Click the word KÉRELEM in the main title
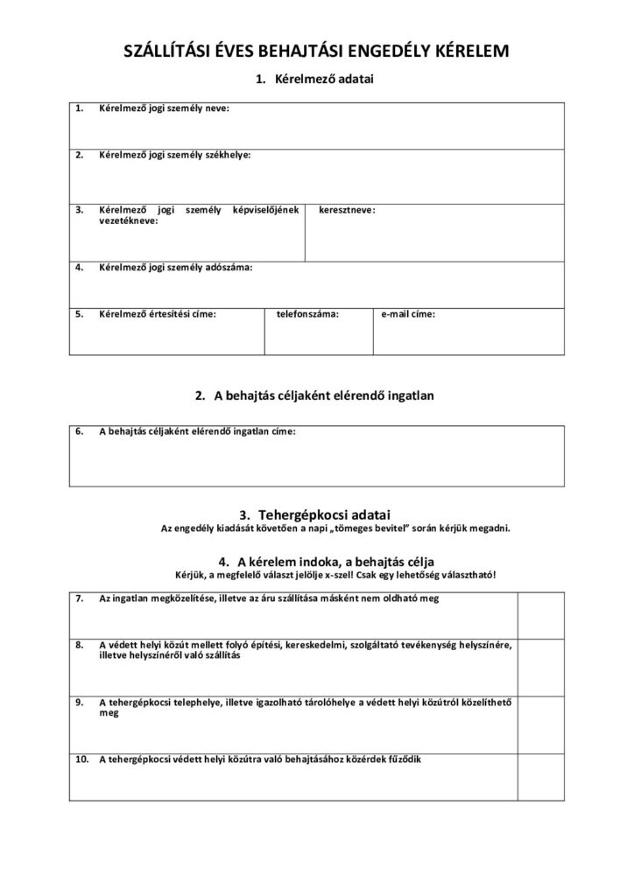pos(461,52)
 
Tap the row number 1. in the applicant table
pos(79,108)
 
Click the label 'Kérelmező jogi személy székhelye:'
pos(174,155)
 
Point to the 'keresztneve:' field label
pos(348,210)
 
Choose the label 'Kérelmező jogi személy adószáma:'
pos(175,267)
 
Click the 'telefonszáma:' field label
pos(307,313)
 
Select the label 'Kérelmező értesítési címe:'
pos(158,313)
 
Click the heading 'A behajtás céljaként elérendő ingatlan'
pos(326,395)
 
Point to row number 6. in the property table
pos(79,431)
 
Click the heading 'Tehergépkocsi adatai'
pos(326,514)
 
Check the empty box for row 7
pos(540,615)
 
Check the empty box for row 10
pos(540,776)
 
